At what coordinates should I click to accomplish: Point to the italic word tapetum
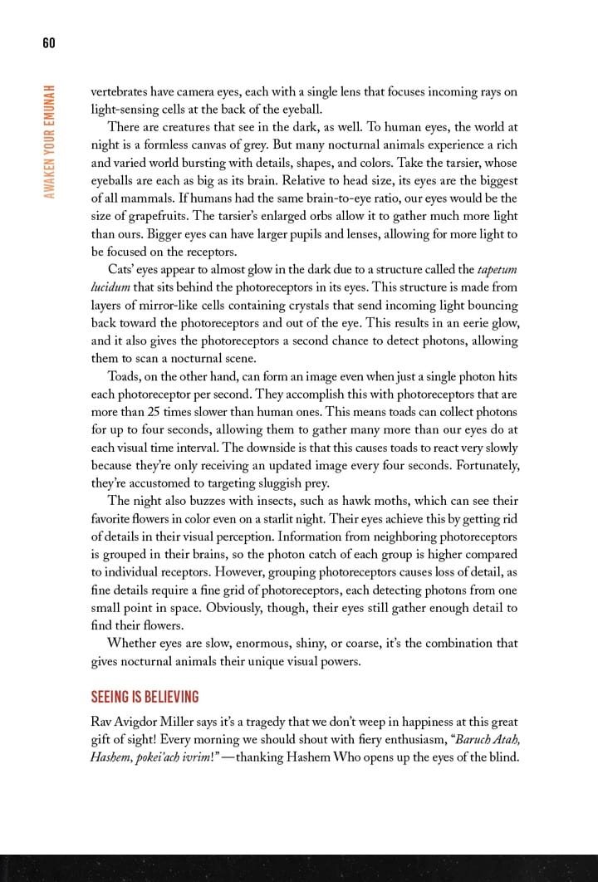498,269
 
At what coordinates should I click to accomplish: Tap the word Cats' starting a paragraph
125,269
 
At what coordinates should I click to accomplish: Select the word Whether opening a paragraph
135,644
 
